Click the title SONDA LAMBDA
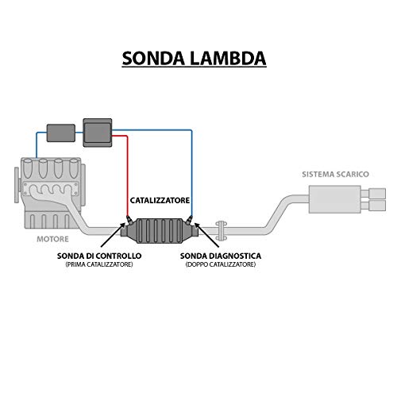coord(195,58)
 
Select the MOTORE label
coord(52,238)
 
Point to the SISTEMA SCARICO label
coord(335,174)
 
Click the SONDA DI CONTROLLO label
coord(99,256)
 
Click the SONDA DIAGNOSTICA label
coord(221,256)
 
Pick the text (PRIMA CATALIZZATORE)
coord(99,264)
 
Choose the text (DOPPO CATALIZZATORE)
coord(221,264)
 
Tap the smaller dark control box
coord(60,132)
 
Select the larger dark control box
coord(99,130)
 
